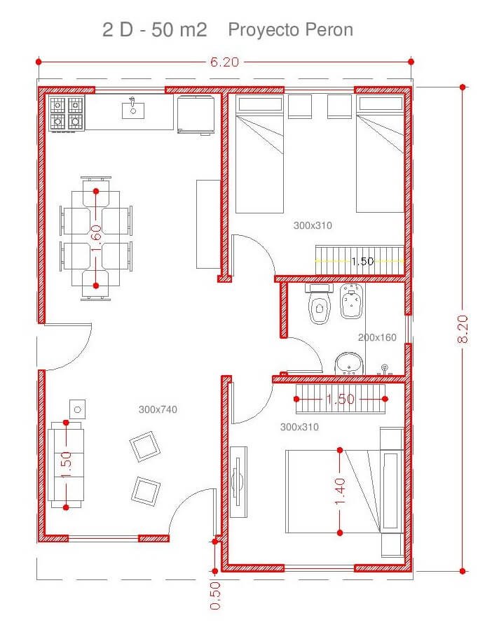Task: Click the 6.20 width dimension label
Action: click(x=225, y=62)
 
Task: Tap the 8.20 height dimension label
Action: click(x=463, y=329)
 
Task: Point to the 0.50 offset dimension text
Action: click(x=215, y=596)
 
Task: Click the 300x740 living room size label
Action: click(x=158, y=409)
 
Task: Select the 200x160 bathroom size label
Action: click(x=377, y=337)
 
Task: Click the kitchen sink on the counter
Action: click(x=133, y=108)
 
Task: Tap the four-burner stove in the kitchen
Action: click(x=67, y=113)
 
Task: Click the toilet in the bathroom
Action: click(x=320, y=304)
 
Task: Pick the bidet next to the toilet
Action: click(x=350, y=301)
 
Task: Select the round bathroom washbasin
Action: click(x=349, y=362)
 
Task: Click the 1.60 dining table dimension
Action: click(x=96, y=238)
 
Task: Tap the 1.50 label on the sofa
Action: click(x=67, y=465)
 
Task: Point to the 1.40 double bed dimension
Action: click(x=340, y=491)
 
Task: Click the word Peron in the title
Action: click(x=329, y=30)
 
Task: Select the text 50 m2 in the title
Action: click(x=179, y=30)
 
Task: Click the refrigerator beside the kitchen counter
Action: click(x=196, y=115)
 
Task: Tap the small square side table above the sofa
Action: click(x=77, y=409)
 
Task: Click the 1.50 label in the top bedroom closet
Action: click(x=362, y=261)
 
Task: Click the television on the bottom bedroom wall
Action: click(x=238, y=481)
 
